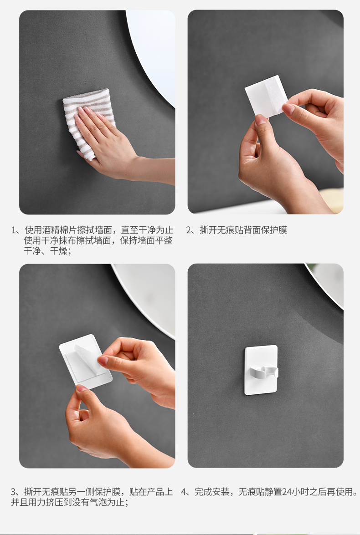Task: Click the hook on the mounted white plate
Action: tap(264, 372)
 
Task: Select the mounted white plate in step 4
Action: tap(261, 370)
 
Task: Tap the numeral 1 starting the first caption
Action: tap(14, 230)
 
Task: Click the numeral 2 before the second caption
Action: tap(189, 230)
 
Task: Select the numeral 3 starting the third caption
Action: tap(14, 492)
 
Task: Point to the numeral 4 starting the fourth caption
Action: tap(184, 492)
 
